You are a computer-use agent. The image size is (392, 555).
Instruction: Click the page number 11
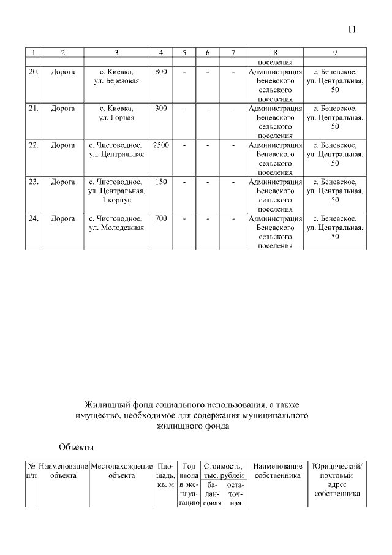point(352,29)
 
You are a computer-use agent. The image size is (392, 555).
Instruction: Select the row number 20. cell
point(33,72)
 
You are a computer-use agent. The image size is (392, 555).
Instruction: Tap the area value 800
point(160,72)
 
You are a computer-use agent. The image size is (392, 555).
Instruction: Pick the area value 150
point(160,182)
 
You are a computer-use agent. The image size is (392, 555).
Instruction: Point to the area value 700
point(160,218)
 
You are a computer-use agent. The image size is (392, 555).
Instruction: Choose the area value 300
point(160,109)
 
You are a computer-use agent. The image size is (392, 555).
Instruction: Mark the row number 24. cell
point(33,218)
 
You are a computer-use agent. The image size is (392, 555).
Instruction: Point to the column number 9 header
point(334,52)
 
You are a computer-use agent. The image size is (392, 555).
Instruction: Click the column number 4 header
point(160,52)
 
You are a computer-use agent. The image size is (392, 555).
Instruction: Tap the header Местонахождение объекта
point(121,470)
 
